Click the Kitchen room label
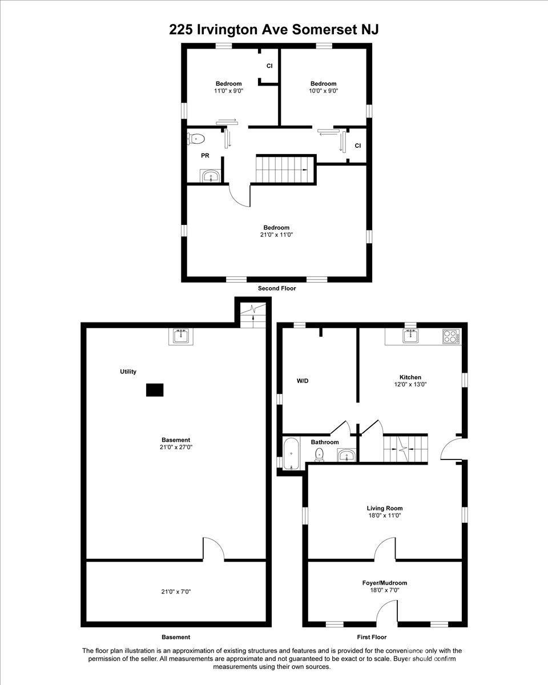(410, 377)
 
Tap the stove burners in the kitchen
(451, 336)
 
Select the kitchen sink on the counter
(411, 336)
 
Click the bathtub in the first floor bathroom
(291, 454)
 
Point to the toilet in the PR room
(196, 139)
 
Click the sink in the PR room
(210, 176)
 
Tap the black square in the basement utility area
(155, 390)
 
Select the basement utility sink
(181, 336)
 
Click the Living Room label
(385, 509)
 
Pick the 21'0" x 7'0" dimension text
(176, 592)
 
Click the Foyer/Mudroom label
(385, 583)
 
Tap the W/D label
(303, 381)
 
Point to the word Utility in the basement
(128, 372)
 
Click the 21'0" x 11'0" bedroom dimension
(276, 235)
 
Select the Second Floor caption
(277, 288)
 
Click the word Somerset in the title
(323, 30)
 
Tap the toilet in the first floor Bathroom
(319, 454)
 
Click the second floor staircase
(283, 169)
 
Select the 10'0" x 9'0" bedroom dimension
(324, 91)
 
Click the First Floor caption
(372, 637)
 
